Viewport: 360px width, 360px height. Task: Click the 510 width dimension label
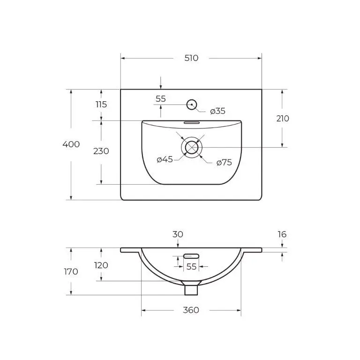point(191,58)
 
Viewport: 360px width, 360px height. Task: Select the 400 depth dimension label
point(71,144)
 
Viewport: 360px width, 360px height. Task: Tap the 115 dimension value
point(101,105)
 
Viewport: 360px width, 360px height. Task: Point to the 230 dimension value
point(101,151)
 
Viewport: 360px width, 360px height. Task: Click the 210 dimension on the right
point(283,119)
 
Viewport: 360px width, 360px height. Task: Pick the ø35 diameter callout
point(217,111)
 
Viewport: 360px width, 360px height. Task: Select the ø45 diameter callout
point(165,159)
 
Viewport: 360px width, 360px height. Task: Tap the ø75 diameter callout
point(224,163)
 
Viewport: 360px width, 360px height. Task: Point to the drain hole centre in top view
point(191,147)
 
